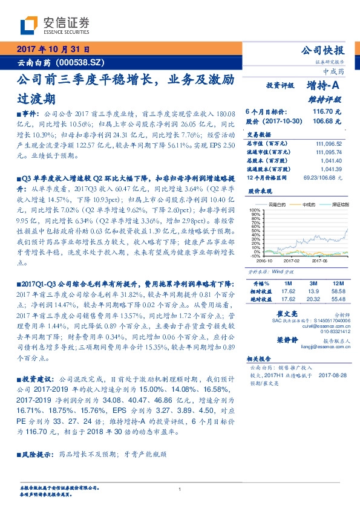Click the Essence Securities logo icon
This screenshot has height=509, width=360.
[28, 25]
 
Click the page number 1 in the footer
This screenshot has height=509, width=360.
[180, 489]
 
